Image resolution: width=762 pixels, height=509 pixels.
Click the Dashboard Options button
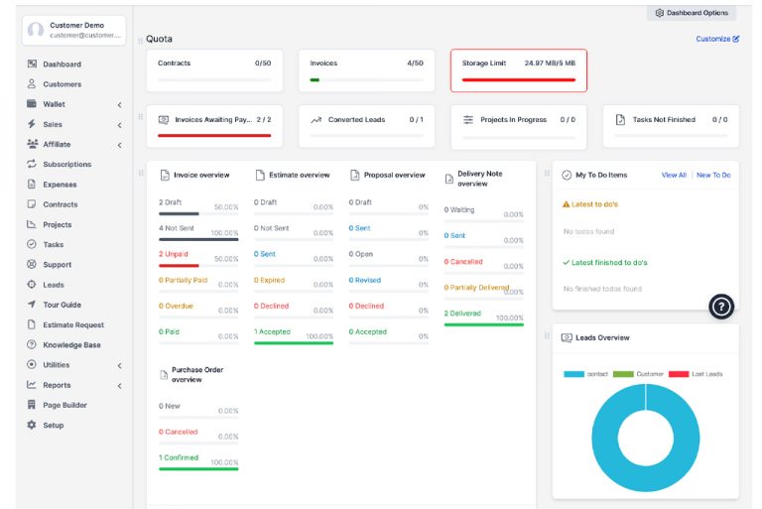pos(692,13)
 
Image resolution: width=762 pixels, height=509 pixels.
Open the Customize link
pos(716,39)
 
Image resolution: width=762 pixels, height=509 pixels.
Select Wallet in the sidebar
pos(54,104)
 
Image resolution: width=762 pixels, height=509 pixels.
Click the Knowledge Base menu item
pos(71,345)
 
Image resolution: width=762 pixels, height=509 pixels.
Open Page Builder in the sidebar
pos(64,405)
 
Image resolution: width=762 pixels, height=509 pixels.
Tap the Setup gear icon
pos(32,425)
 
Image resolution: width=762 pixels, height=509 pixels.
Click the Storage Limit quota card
pos(518,70)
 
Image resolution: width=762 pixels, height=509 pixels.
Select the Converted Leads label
pos(356,120)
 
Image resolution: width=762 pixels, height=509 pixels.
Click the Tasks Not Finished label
pos(664,120)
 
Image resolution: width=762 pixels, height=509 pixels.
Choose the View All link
pos(674,175)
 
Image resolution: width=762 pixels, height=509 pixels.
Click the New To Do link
pos(713,175)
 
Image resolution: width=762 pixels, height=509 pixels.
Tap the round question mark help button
pos(721,307)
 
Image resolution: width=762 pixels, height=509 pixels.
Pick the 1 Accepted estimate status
pos(271,331)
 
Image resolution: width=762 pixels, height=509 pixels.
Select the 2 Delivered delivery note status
pos(462,314)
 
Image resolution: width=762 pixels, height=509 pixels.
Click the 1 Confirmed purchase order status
pos(179,457)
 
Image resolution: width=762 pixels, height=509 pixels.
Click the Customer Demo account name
pos(76,25)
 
